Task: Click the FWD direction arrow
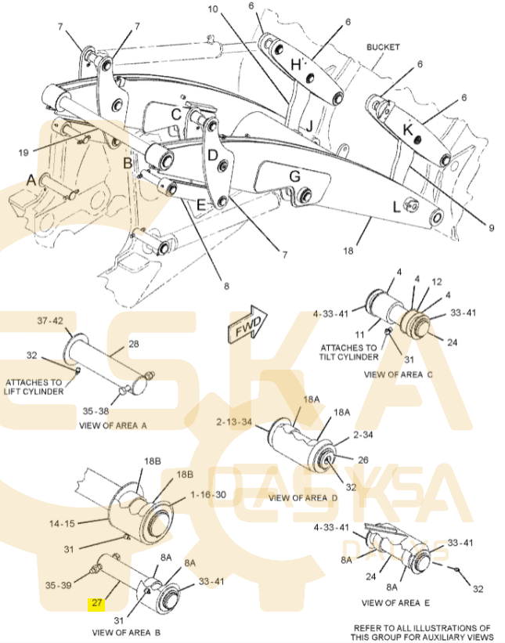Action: tap(247, 324)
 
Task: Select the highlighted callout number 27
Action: tap(97, 603)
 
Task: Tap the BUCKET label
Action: tap(383, 48)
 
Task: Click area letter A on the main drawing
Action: tap(31, 179)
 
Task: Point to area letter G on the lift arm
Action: tap(294, 177)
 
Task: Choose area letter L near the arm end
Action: tap(396, 208)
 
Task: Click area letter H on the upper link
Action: tap(295, 65)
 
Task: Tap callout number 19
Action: tap(23, 152)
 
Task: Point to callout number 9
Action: tap(492, 228)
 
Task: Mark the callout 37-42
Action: tap(51, 321)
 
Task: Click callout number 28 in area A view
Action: tap(133, 344)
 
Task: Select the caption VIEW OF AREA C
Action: tap(402, 375)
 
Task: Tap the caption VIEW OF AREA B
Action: tap(126, 631)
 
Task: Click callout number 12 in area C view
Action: tap(437, 281)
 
